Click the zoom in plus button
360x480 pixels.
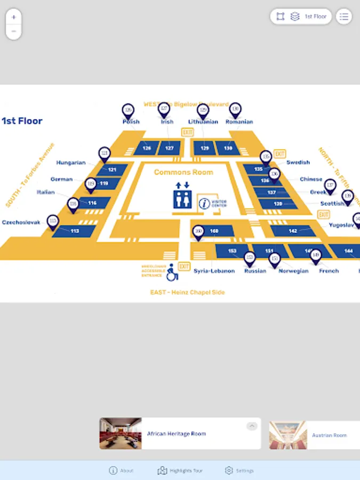coord(13,17)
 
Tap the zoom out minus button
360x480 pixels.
coord(13,31)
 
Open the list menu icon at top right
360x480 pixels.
coord(344,17)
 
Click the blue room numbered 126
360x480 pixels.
coord(147,148)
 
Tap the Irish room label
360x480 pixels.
coord(167,122)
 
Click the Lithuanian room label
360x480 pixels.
coord(203,122)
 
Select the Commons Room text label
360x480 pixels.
coord(183,172)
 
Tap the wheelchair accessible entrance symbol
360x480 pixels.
coord(172,273)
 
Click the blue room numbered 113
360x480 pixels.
coord(75,231)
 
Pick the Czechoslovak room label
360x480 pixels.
coord(21,222)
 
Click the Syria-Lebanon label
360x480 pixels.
coord(214,271)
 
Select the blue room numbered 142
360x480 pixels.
coord(293,230)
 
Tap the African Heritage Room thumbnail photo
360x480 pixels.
coord(121,433)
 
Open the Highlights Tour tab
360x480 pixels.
coord(180,470)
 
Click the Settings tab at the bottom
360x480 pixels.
coord(239,470)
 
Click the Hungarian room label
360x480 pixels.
coord(71,163)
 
